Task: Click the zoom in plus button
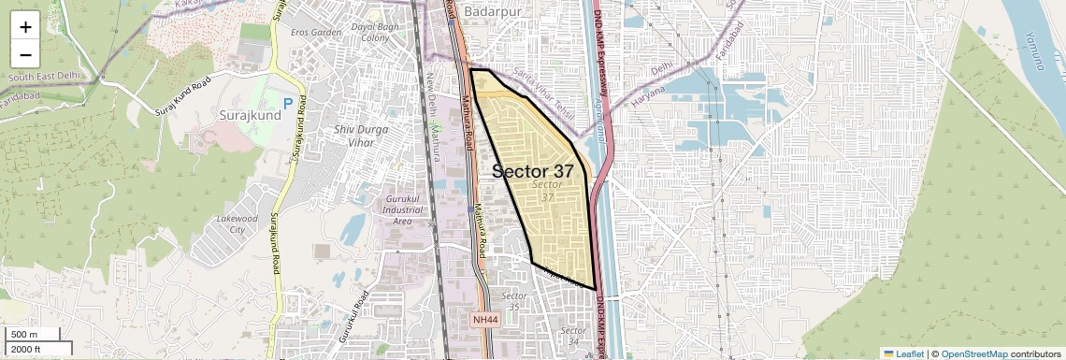(x=25, y=27)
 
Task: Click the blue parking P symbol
(x=288, y=103)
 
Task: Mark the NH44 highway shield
(x=486, y=320)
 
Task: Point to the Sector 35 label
(x=513, y=301)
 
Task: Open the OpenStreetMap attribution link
(x=973, y=353)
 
